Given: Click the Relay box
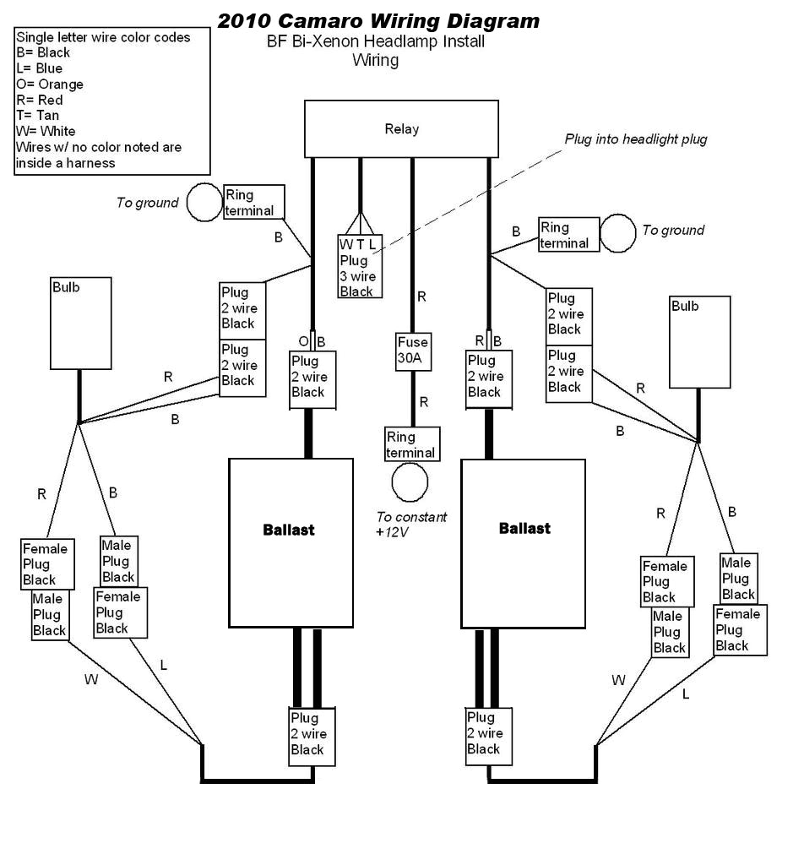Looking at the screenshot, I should pyautogui.click(x=401, y=129).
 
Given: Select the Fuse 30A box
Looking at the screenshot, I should pyautogui.click(x=414, y=351).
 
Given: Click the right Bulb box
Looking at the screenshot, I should pyautogui.click(x=700, y=341).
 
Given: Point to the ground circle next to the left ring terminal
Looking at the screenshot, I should pyautogui.click(x=204, y=203).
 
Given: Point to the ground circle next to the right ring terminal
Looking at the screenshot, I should pyautogui.click(x=618, y=233).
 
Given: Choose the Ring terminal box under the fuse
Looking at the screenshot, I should pyautogui.click(x=410, y=445).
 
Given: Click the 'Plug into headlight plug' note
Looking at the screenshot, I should pyautogui.click(x=636, y=139).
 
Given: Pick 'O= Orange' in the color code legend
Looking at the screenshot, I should pyautogui.click(x=49, y=84).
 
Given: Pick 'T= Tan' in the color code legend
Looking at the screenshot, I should pyautogui.click(x=37, y=116).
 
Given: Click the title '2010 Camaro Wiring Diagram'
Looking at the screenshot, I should pyautogui.click(x=378, y=20).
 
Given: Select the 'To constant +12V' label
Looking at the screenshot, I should pyautogui.click(x=411, y=525).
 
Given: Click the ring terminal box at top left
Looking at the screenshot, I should pyautogui.click(x=253, y=203).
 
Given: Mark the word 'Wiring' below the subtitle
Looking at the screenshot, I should pyautogui.click(x=375, y=60).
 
